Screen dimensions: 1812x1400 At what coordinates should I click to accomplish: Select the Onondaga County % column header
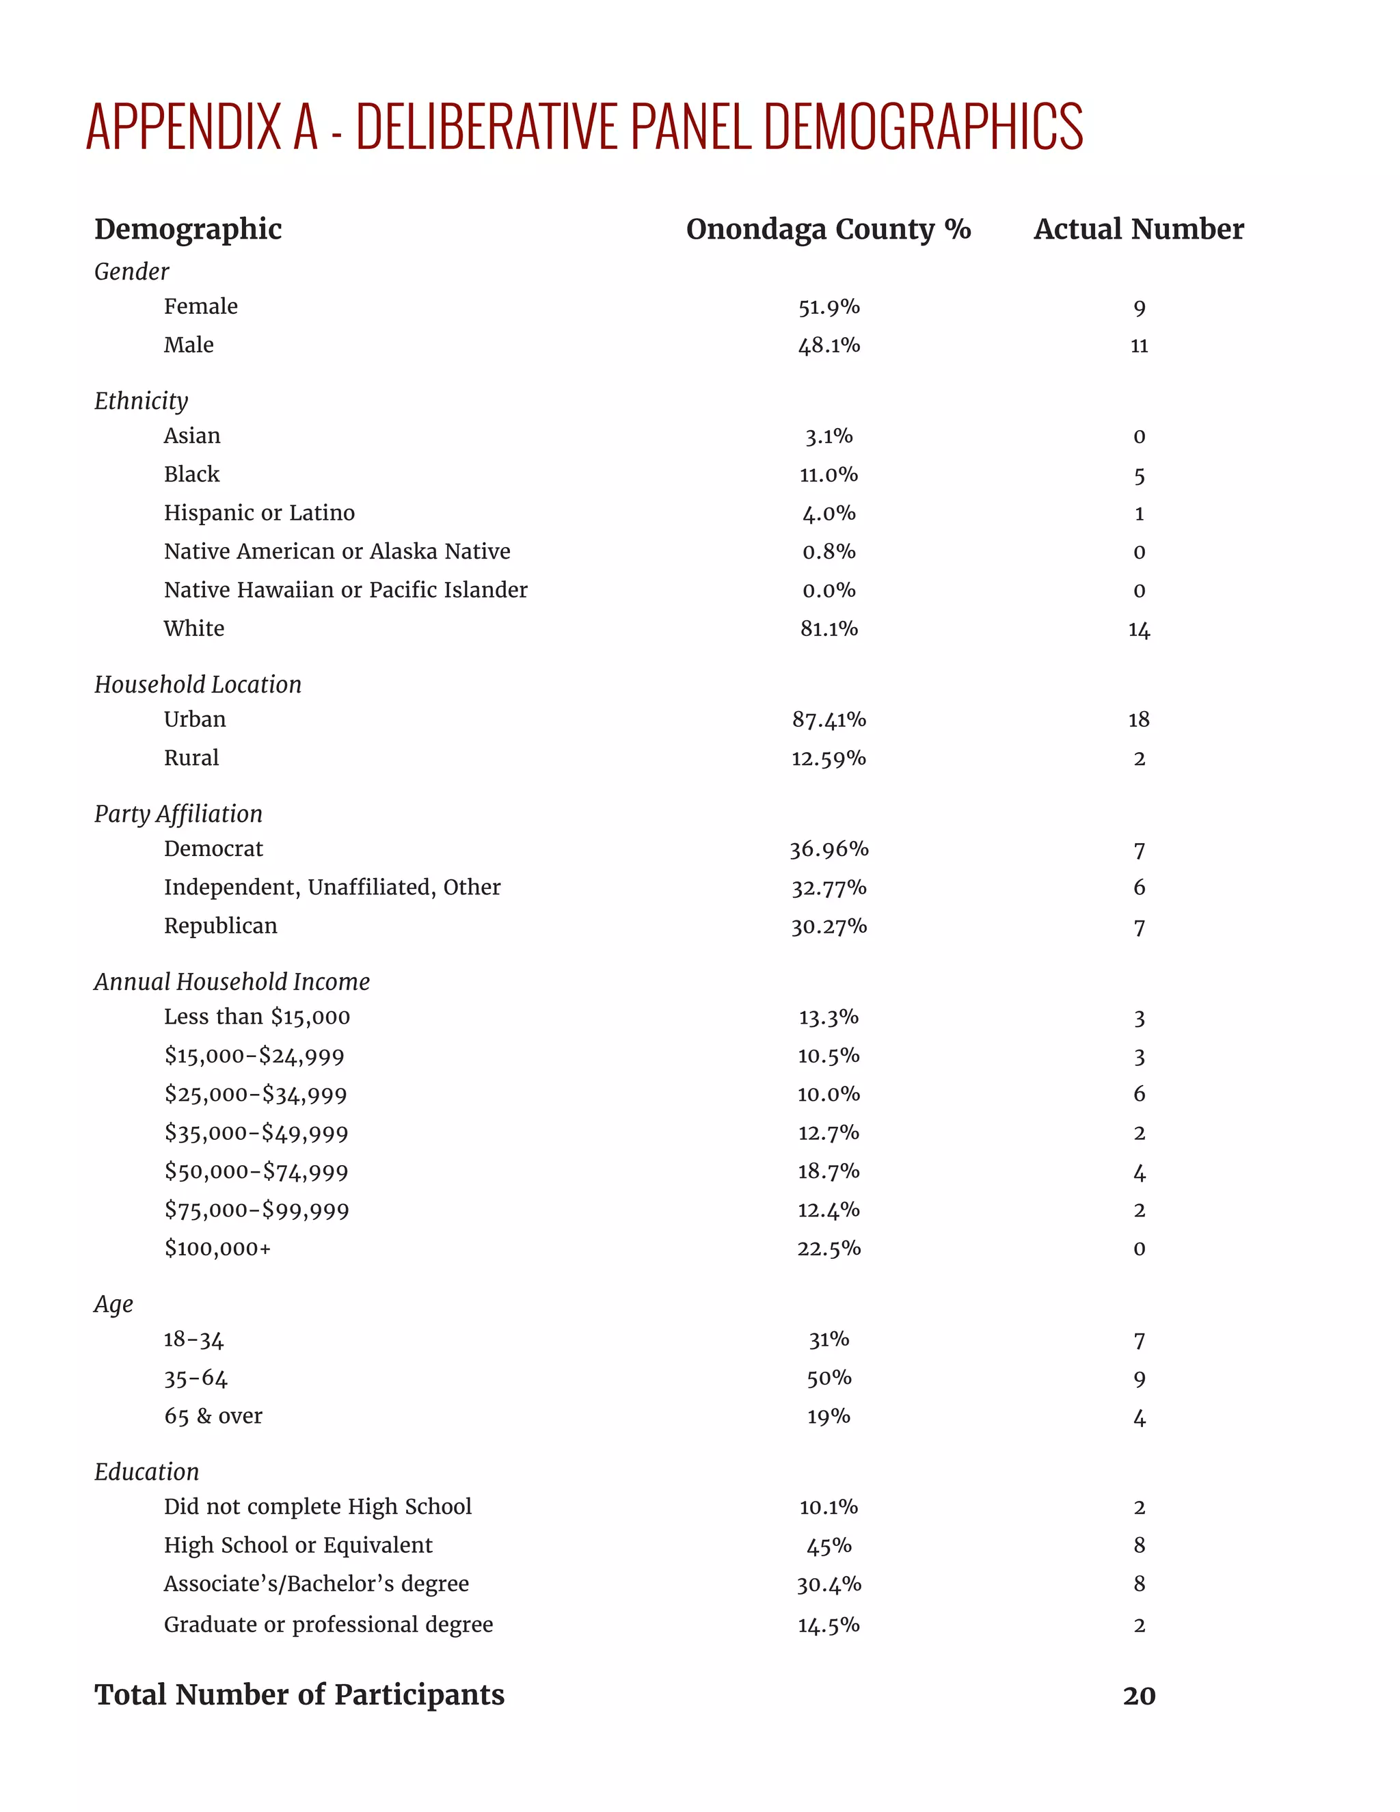pyautogui.click(x=828, y=229)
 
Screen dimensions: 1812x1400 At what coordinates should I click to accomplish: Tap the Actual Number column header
pyautogui.click(x=1138, y=229)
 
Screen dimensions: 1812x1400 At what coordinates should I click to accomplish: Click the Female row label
pyautogui.click(x=201, y=307)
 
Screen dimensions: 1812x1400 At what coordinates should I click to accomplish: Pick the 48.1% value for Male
pyautogui.click(x=829, y=345)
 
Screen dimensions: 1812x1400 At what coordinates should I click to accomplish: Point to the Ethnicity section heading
pyautogui.click(x=141, y=401)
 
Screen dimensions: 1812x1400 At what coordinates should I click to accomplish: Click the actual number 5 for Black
pyautogui.click(x=1139, y=475)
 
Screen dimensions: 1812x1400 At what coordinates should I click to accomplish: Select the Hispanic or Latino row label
pyautogui.click(x=259, y=513)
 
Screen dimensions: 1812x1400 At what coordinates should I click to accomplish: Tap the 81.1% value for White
pyautogui.click(x=829, y=629)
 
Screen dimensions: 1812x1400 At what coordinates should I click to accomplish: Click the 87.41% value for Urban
pyautogui.click(x=829, y=719)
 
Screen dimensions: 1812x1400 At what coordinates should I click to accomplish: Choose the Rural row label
pyautogui.click(x=191, y=758)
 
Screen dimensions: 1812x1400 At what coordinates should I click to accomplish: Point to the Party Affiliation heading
pyautogui.click(x=178, y=814)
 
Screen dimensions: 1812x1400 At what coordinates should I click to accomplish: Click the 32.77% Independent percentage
pyautogui.click(x=829, y=888)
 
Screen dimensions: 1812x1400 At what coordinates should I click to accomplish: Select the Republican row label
pyautogui.click(x=221, y=926)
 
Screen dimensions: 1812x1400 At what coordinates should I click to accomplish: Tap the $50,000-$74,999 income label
pyautogui.click(x=256, y=1171)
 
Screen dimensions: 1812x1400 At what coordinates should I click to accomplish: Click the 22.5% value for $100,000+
pyautogui.click(x=829, y=1249)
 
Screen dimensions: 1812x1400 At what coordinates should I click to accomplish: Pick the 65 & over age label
pyautogui.click(x=213, y=1416)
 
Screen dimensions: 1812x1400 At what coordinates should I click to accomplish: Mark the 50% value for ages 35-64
pyautogui.click(x=829, y=1378)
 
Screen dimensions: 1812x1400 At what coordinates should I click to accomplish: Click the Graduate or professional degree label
pyautogui.click(x=328, y=1625)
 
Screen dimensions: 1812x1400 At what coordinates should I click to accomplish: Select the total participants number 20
pyautogui.click(x=1139, y=1696)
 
